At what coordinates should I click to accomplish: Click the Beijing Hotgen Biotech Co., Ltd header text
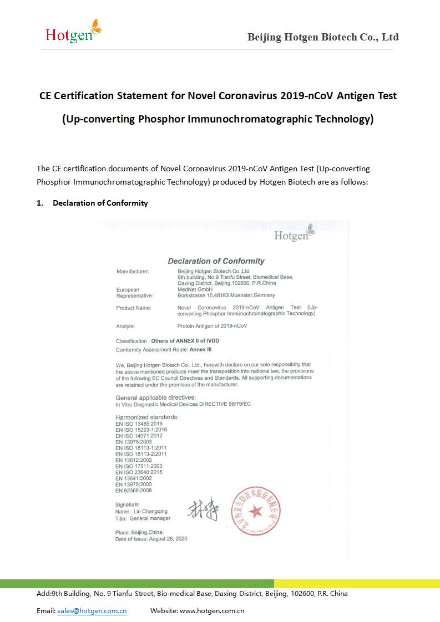[x=322, y=37]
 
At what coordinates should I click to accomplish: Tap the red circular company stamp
[x=256, y=511]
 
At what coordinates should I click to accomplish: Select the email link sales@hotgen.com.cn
[x=92, y=611]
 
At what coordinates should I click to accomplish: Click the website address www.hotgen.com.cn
[x=212, y=611]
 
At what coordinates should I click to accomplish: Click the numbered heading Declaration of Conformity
[x=100, y=203]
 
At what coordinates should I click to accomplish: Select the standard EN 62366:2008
[x=134, y=491]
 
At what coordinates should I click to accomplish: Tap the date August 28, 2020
[x=167, y=539]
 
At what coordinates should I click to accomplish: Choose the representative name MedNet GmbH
[x=195, y=289]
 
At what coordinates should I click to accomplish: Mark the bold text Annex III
[x=201, y=350]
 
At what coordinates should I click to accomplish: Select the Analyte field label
[x=125, y=327]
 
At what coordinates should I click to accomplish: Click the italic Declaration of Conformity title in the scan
[x=216, y=261]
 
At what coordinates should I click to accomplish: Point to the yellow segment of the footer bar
[x=357, y=584]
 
